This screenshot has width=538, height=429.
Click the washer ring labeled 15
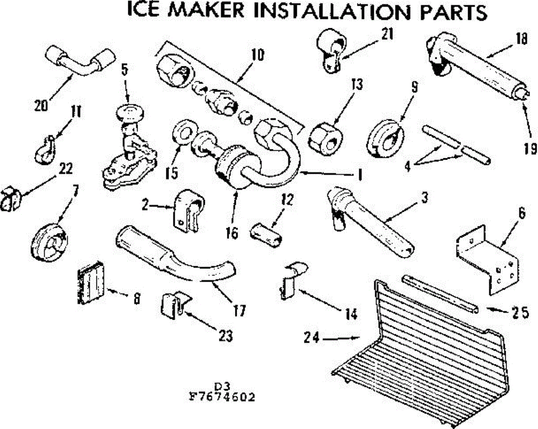point(183,133)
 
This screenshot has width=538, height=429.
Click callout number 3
point(424,197)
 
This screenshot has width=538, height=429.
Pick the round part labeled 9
point(386,137)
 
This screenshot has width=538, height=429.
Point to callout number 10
point(257,56)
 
